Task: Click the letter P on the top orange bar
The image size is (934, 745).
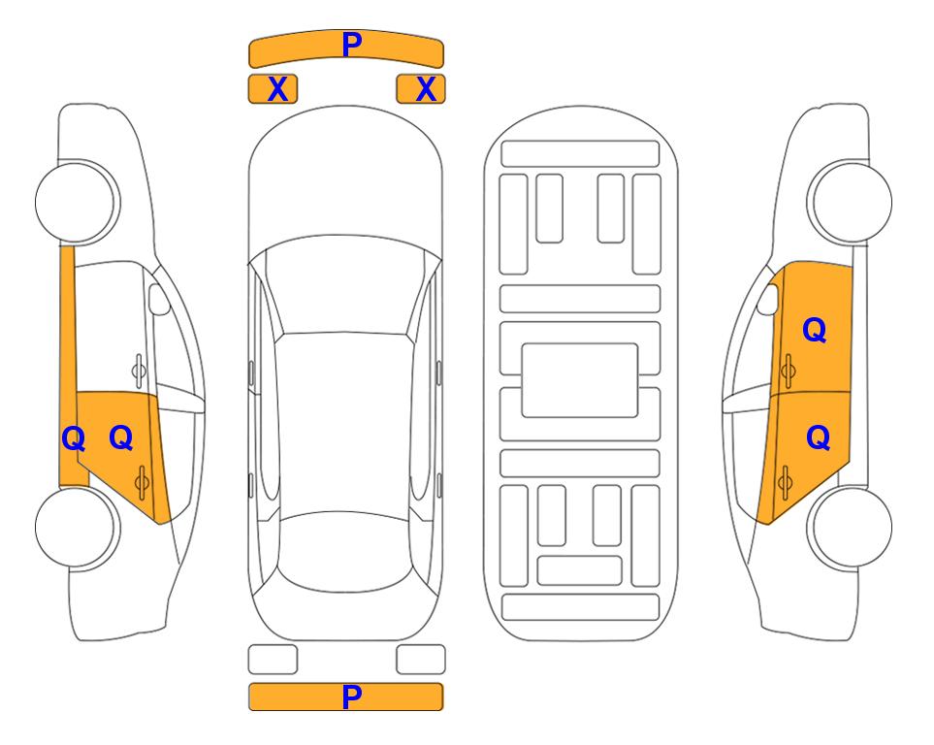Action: pos(352,44)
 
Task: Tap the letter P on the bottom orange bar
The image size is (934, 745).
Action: pos(352,696)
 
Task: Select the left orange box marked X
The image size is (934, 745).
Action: pos(273,89)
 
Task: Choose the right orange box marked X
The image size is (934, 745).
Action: pos(421,89)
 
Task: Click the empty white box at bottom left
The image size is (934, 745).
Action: pos(273,660)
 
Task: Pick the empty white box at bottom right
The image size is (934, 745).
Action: pos(421,660)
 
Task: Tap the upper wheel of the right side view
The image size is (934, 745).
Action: pos(850,202)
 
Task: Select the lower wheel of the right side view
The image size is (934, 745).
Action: pos(850,527)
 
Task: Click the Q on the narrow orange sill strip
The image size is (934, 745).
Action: pos(74,438)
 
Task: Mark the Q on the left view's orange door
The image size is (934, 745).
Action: pos(121,437)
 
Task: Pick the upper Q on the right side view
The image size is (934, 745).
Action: pos(815,330)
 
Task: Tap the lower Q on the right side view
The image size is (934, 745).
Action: pos(818,438)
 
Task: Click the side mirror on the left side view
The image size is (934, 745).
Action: pos(159,299)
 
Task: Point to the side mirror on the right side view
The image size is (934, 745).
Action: pos(768,299)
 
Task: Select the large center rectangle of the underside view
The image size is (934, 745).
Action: pos(580,380)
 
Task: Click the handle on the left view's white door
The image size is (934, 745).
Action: pos(139,371)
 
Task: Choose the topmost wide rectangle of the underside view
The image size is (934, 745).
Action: pos(580,154)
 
